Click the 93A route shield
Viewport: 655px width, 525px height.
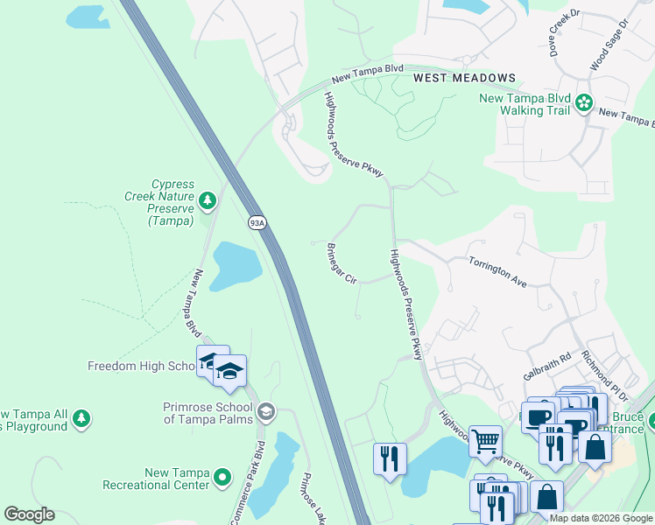257,223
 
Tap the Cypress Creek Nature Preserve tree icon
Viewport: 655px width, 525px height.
208,202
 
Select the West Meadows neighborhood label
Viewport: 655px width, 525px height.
464,78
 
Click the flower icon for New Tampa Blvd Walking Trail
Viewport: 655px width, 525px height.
584,104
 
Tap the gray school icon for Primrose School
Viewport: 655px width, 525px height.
265,411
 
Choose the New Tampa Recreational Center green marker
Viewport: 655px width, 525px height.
223,478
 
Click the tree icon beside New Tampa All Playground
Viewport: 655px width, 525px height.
81,419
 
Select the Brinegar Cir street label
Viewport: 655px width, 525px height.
342,263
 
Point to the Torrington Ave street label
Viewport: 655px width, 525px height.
497,272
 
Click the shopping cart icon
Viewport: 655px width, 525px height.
485,441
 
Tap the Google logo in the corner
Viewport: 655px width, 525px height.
29,514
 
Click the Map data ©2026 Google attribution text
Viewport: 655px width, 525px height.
600,518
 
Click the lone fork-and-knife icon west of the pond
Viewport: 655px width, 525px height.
390,458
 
